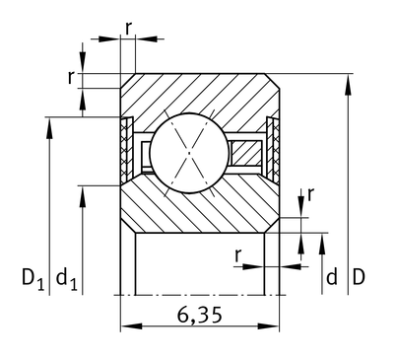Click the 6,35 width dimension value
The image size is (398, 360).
pyautogui.click(x=200, y=315)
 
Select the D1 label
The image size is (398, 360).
pyautogui.click(x=33, y=279)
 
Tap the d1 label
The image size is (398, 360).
pyautogui.click(x=67, y=279)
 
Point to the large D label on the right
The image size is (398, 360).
pyautogui.click(x=359, y=277)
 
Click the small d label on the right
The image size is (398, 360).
pyautogui.click(x=332, y=277)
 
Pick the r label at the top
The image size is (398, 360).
pyautogui.click(x=128, y=29)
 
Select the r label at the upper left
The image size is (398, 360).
pyautogui.click(x=71, y=78)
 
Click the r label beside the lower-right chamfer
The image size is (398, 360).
pyautogui.click(x=310, y=194)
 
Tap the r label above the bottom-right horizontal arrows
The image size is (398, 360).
pyautogui.click(x=238, y=255)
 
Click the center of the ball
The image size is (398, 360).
pyautogui.click(x=189, y=153)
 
